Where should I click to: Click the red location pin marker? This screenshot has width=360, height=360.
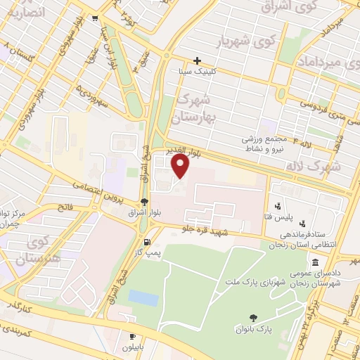pos(181,166)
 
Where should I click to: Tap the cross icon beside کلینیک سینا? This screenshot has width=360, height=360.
pos(198,60)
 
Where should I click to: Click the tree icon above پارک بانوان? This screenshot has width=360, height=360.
pos(253,317)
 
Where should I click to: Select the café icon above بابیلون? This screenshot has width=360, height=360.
pos(132,337)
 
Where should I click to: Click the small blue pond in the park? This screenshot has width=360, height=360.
pos(143,297)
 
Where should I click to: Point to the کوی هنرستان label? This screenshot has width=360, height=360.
pos(45,249)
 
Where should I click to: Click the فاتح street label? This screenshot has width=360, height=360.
pos(65,208)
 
